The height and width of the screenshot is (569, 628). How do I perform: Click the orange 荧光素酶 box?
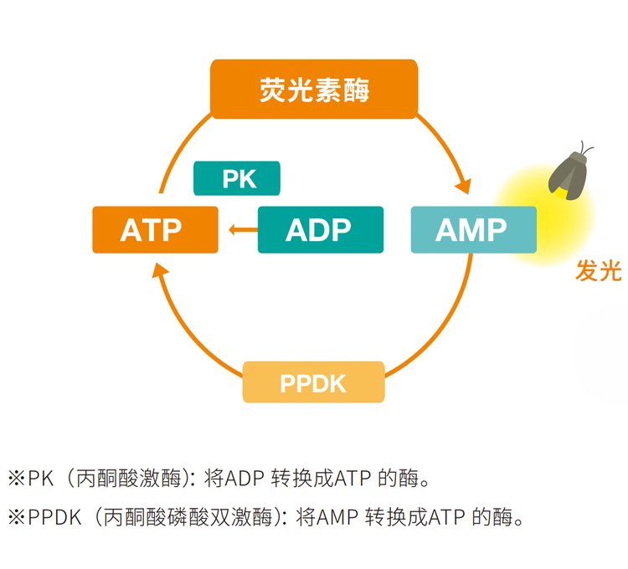(x=314, y=90)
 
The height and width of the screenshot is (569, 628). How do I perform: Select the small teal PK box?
(x=237, y=178)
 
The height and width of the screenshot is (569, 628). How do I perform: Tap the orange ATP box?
(x=156, y=229)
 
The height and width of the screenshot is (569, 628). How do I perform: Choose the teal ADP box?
(x=321, y=229)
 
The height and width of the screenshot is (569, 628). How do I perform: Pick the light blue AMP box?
(x=474, y=229)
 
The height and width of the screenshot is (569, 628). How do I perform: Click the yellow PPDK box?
(x=314, y=382)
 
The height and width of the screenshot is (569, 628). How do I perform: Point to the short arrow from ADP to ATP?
(x=243, y=229)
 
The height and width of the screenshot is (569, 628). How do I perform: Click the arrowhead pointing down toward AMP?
(x=463, y=186)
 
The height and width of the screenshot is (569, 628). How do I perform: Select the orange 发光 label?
(x=599, y=270)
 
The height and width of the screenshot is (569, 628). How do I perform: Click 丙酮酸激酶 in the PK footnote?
(x=129, y=478)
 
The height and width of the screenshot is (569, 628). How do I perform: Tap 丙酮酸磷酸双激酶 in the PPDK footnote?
(x=188, y=517)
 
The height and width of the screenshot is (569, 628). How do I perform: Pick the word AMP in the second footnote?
(x=337, y=517)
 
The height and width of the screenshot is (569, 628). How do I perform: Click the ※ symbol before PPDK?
(x=17, y=517)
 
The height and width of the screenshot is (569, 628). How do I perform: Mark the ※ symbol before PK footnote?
(x=17, y=478)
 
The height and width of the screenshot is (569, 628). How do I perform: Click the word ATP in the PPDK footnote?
(x=446, y=517)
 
